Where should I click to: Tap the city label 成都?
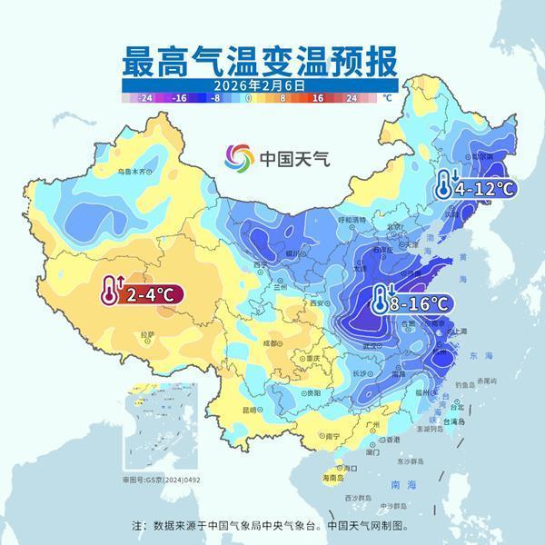click(x=271, y=343)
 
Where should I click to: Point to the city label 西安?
click(x=319, y=303)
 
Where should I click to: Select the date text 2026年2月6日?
click(x=256, y=84)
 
